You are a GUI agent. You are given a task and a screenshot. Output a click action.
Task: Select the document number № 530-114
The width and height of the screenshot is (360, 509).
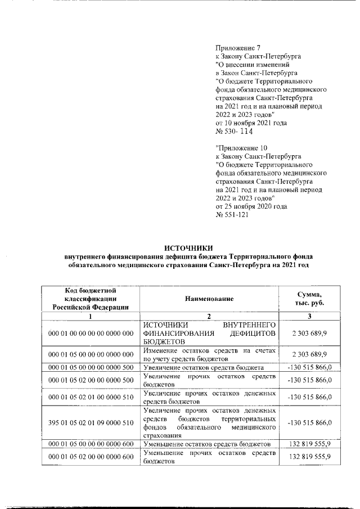235,132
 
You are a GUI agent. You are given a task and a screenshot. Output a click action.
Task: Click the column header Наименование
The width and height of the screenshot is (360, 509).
209,298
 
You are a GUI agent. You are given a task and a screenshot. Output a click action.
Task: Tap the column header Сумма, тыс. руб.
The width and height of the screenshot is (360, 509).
310,298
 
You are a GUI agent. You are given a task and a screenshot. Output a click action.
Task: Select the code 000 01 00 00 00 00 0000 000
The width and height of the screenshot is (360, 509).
91,334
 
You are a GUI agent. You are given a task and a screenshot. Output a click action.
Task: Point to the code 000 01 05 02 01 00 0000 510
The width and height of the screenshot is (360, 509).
91,397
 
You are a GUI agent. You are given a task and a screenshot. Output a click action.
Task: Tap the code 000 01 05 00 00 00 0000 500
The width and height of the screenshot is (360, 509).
91,368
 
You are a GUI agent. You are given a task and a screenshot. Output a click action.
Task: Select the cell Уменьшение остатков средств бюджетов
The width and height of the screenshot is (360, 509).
209,444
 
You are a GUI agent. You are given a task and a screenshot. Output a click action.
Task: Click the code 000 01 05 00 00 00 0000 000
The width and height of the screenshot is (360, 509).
91,354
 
